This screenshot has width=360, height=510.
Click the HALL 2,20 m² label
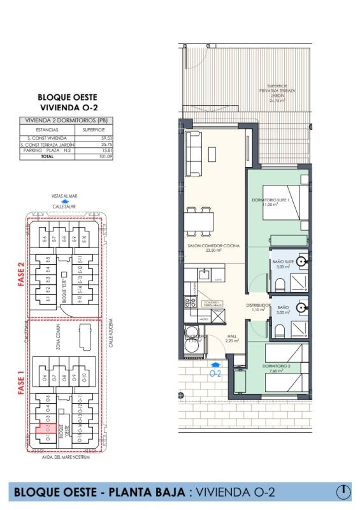click(x=232, y=338)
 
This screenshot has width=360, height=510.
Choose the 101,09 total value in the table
click(x=106, y=156)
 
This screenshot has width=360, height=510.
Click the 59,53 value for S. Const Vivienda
click(x=106, y=138)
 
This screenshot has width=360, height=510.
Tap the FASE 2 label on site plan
click(x=20, y=275)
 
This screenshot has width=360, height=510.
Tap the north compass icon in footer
click(x=343, y=492)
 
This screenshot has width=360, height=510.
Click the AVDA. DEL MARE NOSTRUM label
click(x=64, y=457)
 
